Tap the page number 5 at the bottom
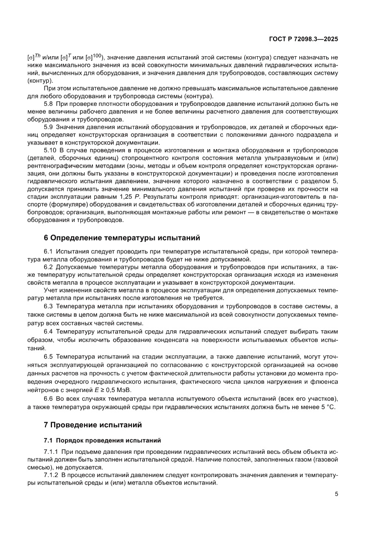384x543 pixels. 336,494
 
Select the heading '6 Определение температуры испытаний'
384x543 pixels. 122,238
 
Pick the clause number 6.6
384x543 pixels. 49,399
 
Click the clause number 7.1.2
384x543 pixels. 52,476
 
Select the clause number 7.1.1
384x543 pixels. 52,452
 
